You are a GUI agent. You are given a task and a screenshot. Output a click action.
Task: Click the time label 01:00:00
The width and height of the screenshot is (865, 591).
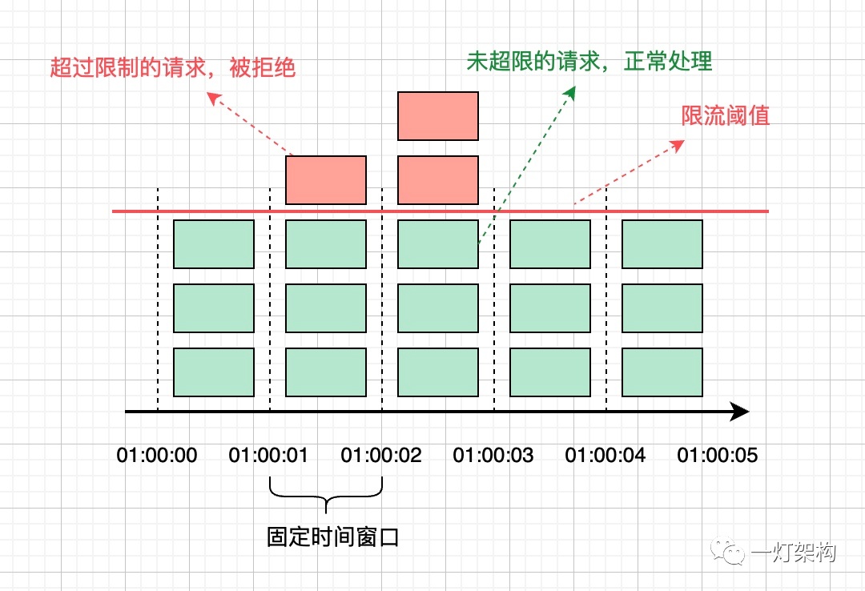(157, 455)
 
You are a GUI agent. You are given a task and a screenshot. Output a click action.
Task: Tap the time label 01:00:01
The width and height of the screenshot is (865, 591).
(268, 455)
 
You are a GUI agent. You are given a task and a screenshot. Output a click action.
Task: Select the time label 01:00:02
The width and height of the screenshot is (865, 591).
(381, 455)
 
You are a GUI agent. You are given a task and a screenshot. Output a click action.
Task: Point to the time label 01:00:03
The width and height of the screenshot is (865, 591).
(493, 455)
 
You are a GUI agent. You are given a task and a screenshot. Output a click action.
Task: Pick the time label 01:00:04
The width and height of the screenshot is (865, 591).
(605, 455)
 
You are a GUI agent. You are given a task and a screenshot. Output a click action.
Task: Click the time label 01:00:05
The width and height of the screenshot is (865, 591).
(718, 455)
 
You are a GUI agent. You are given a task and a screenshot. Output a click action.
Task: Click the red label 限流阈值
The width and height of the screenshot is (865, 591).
(726, 116)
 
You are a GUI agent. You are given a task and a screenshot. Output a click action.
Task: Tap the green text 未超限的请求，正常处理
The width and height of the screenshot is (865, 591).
(589, 61)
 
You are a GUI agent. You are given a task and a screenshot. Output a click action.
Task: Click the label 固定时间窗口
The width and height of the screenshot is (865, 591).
(333, 537)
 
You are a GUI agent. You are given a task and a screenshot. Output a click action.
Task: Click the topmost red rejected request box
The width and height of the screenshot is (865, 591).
(438, 116)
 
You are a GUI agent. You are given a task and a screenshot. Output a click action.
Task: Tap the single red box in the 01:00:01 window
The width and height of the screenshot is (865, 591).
(326, 180)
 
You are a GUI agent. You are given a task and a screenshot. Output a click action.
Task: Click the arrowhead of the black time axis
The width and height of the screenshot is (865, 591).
(740, 412)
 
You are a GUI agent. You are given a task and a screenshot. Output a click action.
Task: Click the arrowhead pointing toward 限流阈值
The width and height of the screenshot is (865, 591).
(678, 145)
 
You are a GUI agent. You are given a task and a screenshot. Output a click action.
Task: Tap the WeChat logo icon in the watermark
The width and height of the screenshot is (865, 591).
(727, 551)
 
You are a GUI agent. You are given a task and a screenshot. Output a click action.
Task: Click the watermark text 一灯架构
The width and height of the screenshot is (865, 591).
(793, 552)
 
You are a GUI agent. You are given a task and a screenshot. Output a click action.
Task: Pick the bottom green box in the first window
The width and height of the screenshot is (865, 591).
(214, 372)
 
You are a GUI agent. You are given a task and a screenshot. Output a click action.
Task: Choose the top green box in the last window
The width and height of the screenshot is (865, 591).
(662, 244)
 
